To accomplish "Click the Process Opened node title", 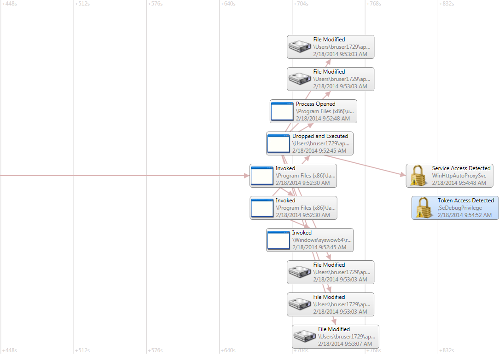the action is pos(315,104).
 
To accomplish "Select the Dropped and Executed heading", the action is pos(320,136).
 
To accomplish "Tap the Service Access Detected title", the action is pos(461,168).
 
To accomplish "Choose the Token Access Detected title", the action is pos(465,201).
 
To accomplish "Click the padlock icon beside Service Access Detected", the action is pos(418,176).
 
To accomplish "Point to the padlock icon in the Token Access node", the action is pos(424,208).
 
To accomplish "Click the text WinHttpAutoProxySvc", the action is pos(458,176).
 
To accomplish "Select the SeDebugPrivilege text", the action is pos(459,208).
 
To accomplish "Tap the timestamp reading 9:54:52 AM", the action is pos(464,215).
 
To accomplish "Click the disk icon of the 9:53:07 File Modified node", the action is pos(304,337).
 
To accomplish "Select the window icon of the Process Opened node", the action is pos(282,111).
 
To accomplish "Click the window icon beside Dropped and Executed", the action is pos(279,143).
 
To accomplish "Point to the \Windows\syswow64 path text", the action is pos(322,240).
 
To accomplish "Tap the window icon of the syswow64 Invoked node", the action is pos(279,240).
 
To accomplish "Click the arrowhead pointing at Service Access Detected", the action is pos(403,175).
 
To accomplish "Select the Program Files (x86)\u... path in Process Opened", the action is pos(325,111).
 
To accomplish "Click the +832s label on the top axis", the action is pos(447,4).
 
